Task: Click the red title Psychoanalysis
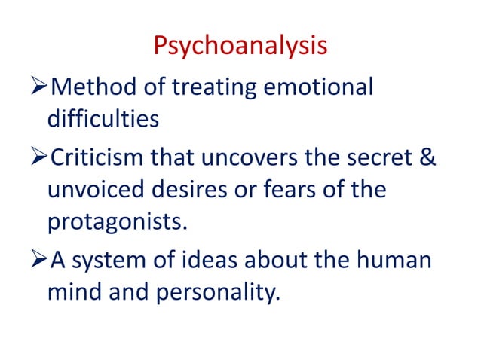coord(240,47)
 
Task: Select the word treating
coord(206,87)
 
